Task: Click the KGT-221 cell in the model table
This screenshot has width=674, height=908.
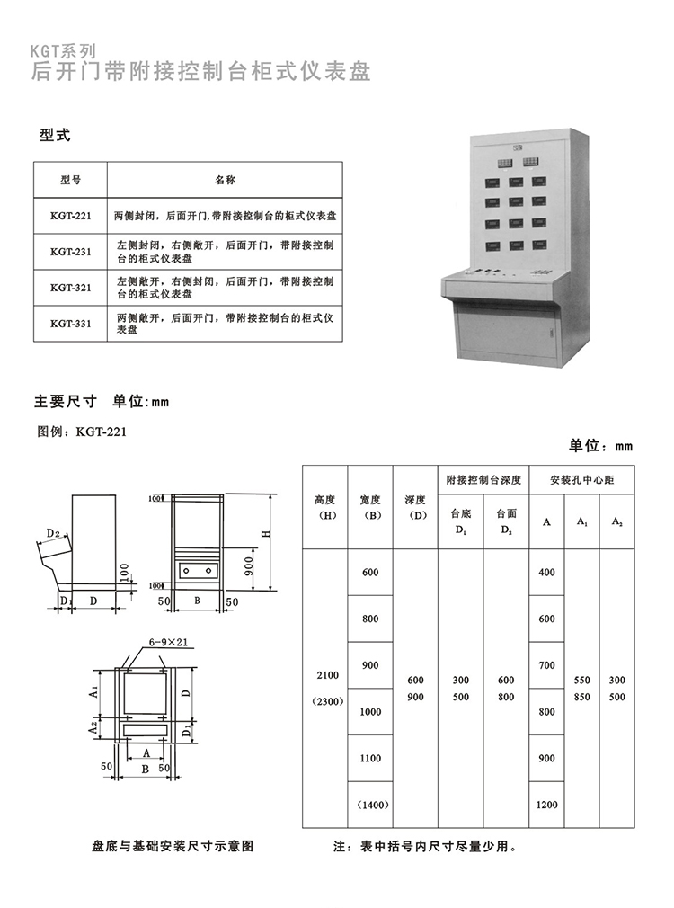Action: [x=71, y=216]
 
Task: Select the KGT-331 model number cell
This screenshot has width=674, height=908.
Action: [x=71, y=324]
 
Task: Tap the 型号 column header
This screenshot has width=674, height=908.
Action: [x=71, y=180]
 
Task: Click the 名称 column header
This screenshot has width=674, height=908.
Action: [x=225, y=180]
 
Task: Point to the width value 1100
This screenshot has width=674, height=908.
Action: [x=370, y=758]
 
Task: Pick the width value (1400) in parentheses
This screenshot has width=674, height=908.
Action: [x=370, y=805]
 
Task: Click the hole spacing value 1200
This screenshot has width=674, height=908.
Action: [x=546, y=805]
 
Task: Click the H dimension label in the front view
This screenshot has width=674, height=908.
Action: [x=265, y=533]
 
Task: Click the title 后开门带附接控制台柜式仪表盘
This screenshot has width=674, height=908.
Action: [x=200, y=72]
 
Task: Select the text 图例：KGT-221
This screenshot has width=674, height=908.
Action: [x=83, y=432]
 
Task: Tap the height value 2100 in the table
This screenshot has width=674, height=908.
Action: [x=325, y=673]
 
